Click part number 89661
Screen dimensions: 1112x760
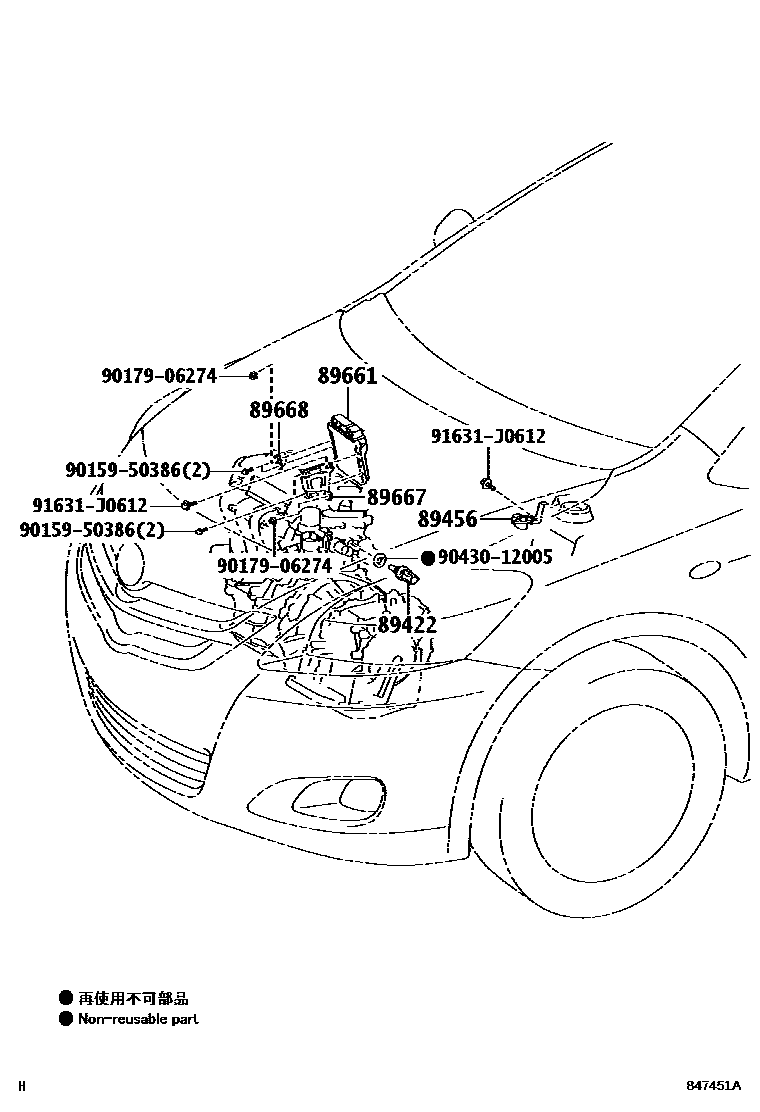click(x=347, y=376)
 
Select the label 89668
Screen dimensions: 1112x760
click(x=278, y=410)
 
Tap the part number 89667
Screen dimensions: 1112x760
click(x=396, y=497)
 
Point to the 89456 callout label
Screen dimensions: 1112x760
click(x=447, y=519)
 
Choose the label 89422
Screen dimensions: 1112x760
click(x=407, y=626)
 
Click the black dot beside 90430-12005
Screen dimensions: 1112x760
click(x=427, y=557)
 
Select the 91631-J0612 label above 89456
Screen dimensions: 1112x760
click(x=488, y=436)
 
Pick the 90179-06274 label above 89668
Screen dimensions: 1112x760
click(x=158, y=376)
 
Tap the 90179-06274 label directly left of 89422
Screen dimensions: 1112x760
click(x=274, y=566)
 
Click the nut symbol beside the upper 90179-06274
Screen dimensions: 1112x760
click(x=254, y=375)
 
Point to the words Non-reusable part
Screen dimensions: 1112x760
click(x=140, y=1019)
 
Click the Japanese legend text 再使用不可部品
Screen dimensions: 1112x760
click(x=133, y=997)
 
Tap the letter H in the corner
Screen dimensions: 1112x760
click(x=22, y=1086)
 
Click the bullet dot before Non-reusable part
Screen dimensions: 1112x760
click(x=66, y=1019)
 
